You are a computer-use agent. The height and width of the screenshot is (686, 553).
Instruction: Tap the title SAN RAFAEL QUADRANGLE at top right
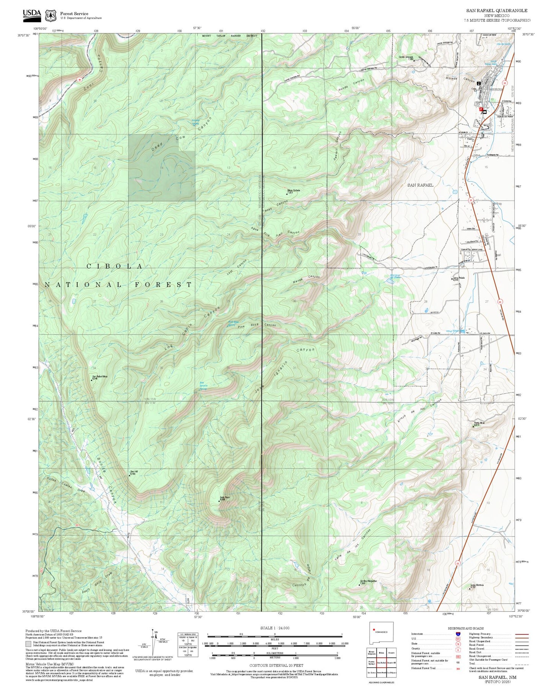(496, 11)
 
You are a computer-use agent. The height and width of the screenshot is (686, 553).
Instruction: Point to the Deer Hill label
(134, 471)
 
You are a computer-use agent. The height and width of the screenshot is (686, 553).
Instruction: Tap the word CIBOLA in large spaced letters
(115, 266)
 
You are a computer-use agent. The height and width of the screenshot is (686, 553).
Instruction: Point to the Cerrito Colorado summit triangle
(414, 60)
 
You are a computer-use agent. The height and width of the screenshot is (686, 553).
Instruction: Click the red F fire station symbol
(481, 109)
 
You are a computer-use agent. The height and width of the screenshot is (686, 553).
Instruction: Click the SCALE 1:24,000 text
(275, 628)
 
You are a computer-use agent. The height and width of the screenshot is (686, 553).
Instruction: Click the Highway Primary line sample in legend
(522, 634)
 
